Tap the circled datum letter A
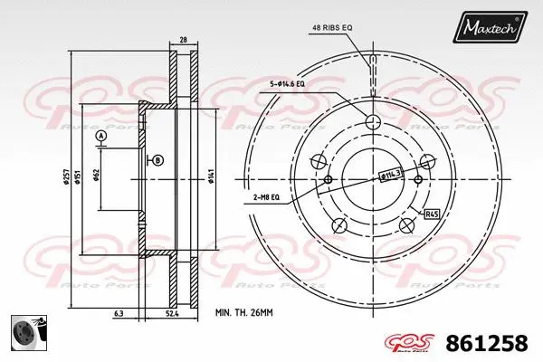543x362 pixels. tap(100, 136)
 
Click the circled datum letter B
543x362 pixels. tap(157, 160)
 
